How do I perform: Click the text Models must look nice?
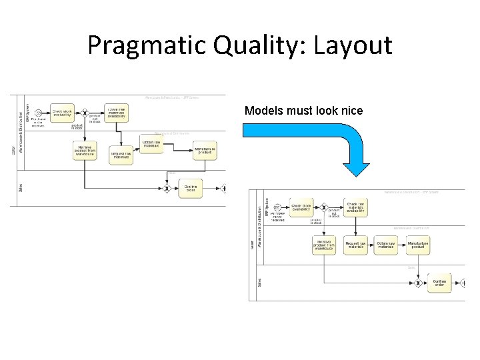303,111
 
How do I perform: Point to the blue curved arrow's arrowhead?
361,167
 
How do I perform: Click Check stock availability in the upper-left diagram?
63,113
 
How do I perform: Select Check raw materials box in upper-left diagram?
116,113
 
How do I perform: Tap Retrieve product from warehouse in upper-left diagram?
85,151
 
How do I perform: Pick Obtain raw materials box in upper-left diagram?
151,143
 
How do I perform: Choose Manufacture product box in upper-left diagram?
205,150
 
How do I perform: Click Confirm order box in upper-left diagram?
190,189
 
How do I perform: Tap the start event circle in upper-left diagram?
39,113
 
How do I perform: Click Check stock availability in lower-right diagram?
301,207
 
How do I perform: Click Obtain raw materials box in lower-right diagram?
386,245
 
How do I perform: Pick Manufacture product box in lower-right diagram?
418,245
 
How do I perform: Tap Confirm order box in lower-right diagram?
439,283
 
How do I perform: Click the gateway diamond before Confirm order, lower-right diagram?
417,283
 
